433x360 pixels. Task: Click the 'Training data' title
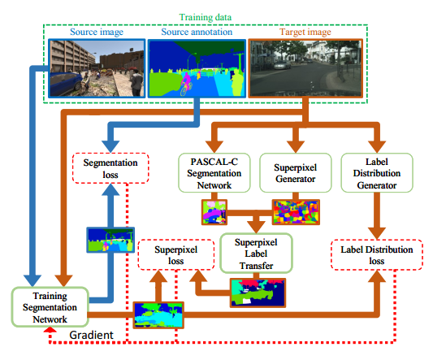(x=206, y=17)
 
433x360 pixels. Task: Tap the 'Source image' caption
(x=97, y=32)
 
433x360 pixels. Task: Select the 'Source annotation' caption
(x=197, y=32)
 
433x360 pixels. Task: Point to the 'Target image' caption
(x=305, y=32)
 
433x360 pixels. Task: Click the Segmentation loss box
(x=110, y=168)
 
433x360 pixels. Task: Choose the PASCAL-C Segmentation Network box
(x=214, y=173)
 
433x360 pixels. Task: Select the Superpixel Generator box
(x=295, y=173)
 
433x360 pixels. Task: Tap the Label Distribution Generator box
(x=377, y=173)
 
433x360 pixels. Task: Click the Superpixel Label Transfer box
(x=256, y=254)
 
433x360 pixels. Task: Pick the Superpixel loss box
(x=176, y=254)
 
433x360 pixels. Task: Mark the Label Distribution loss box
(x=377, y=254)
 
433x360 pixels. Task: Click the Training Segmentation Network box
(x=50, y=307)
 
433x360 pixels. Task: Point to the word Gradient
(x=91, y=335)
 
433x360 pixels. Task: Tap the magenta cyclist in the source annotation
(x=186, y=83)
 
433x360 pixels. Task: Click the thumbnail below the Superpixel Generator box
(x=296, y=212)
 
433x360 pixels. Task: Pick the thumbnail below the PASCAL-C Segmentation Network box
(x=214, y=212)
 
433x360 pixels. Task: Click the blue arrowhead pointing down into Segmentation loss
(x=110, y=146)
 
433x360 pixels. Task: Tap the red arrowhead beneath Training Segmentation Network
(x=50, y=330)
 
